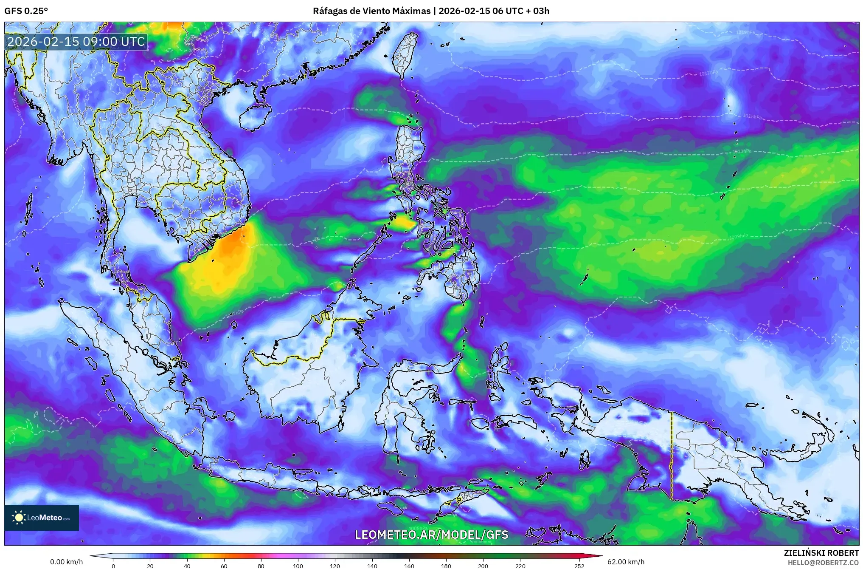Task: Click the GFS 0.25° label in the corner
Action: click(x=26, y=11)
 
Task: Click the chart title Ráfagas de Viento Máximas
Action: click(x=371, y=11)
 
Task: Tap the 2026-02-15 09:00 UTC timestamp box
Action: click(x=76, y=42)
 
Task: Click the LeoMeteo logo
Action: click(x=42, y=518)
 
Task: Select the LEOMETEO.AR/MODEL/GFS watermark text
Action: click(x=431, y=535)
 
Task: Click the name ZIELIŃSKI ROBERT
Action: click(x=821, y=553)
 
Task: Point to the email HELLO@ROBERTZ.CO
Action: click(x=823, y=562)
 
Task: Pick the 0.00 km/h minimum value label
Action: click(x=66, y=562)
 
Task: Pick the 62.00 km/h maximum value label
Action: click(x=626, y=562)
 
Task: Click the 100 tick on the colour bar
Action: click(x=298, y=566)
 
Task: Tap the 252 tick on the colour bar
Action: click(x=579, y=566)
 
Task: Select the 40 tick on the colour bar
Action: click(x=187, y=566)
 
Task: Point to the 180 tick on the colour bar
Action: click(x=446, y=566)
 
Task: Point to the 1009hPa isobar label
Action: click(x=738, y=237)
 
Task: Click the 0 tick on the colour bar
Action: click(x=113, y=566)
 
